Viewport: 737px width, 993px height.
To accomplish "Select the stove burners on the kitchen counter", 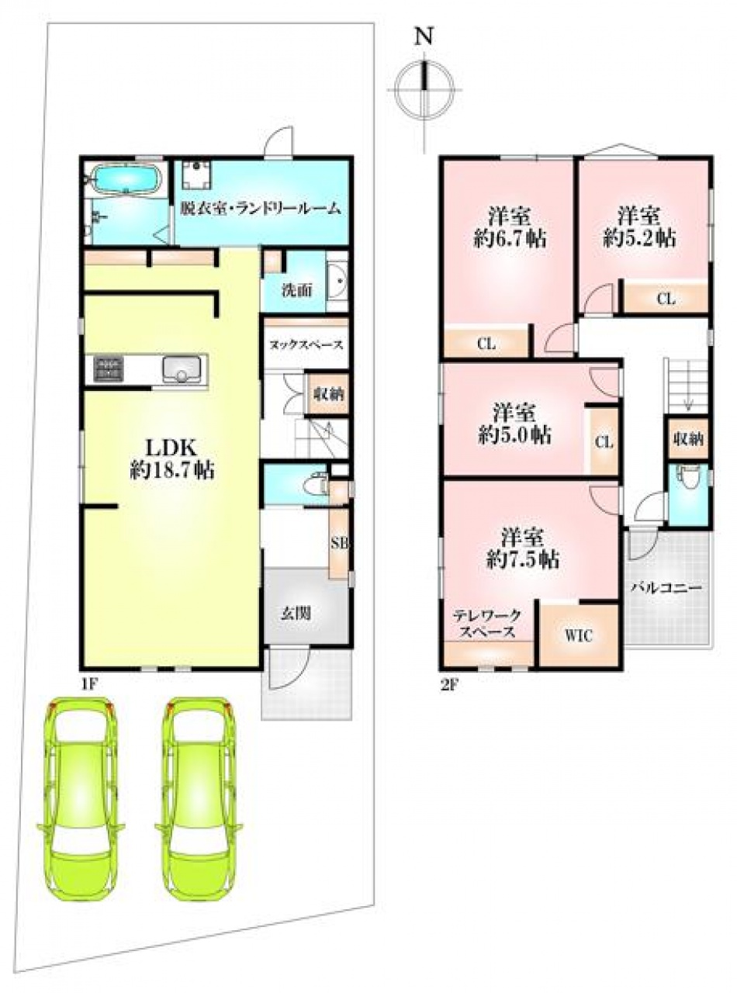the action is [x=108, y=368].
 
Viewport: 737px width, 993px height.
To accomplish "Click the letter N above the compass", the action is [x=424, y=36].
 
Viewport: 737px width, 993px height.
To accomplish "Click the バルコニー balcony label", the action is [x=666, y=588].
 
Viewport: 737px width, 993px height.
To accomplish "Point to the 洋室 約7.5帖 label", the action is [x=523, y=547].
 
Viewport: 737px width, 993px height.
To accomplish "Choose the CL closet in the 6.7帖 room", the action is [x=486, y=344].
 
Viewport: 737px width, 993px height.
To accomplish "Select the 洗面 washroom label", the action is [x=297, y=291].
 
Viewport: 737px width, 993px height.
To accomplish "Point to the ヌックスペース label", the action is [x=306, y=344].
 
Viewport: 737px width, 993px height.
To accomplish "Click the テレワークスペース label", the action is [x=487, y=623].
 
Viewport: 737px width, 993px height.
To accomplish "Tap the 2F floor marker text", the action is [x=449, y=686].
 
